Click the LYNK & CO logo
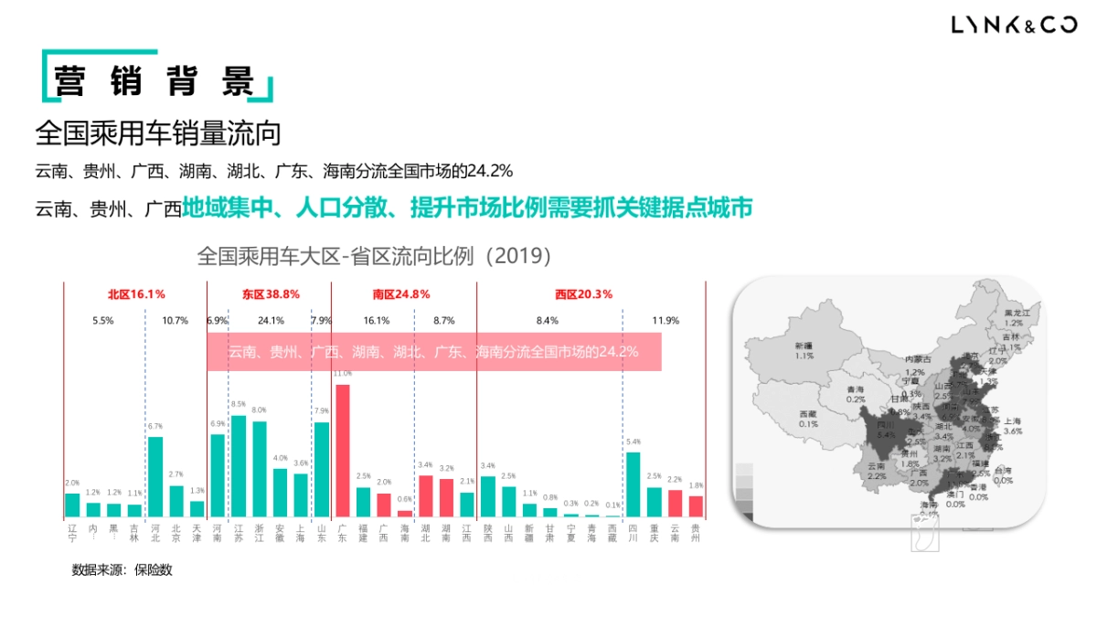[1014, 26]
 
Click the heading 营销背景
[153, 81]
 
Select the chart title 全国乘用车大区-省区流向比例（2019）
[375, 256]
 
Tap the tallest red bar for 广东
[343, 450]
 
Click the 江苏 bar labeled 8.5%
[239, 466]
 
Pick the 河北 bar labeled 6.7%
[155, 476]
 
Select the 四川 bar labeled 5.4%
[634, 484]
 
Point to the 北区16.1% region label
[136, 294]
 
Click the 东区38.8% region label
[271, 294]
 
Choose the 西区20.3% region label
[583, 294]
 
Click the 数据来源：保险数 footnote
[122, 569]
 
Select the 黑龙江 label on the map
[1017, 313]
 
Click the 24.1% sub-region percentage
[271, 321]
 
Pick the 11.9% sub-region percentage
[666, 321]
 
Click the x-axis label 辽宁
[72, 534]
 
